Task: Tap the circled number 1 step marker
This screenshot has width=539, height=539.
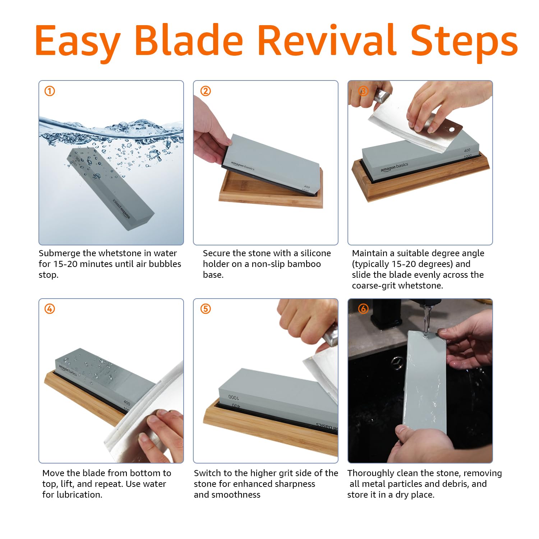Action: (x=50, y=91)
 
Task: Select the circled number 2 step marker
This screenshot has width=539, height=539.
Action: (x=206, y=91)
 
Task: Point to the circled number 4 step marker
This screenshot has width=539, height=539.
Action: (x=50, y=309)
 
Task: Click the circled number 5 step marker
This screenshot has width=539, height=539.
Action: (x=206, y=309)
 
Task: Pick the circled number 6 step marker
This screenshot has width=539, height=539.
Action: (x=363, y=309)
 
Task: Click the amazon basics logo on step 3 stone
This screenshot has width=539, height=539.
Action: (x=395, y=167)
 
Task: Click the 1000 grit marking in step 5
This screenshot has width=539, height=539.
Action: (x=233, y=397)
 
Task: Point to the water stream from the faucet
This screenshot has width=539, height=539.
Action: (x=427, y=319)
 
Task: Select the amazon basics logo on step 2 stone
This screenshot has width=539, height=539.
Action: (x=242, y=166)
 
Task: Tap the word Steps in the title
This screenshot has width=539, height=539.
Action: (x=464, y=42)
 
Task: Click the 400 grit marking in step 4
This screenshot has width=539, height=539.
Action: (x=127, y=403)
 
